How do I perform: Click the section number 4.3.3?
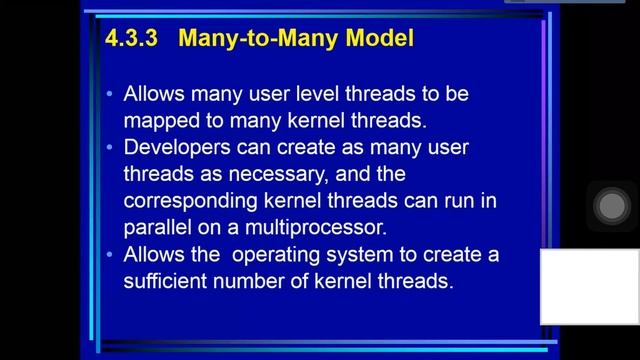tap(130, 39)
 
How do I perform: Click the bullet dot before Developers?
tap(109, 148)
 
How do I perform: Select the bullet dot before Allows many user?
tap(109, 95)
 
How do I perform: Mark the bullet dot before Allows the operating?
tap(109, 255)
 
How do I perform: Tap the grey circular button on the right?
tap(610, 207)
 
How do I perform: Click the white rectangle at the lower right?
tap(590, 286)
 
